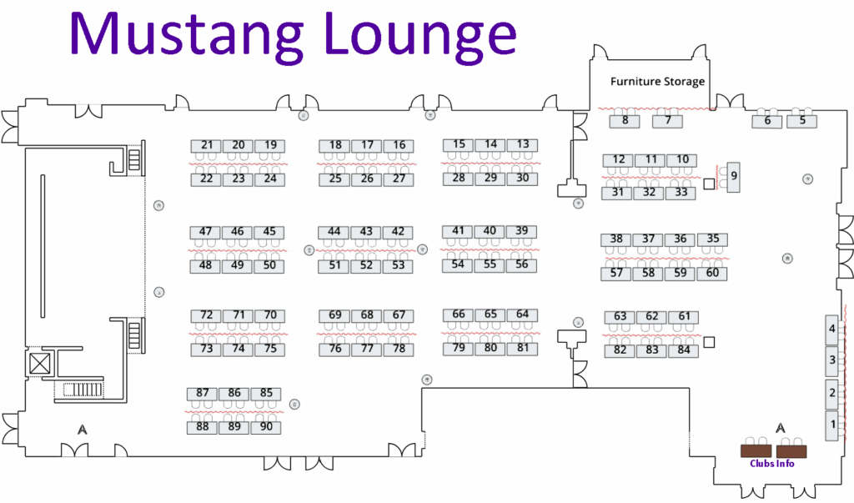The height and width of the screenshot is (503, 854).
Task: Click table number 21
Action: coord(207,145)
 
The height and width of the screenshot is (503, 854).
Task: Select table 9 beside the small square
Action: coord(734,176)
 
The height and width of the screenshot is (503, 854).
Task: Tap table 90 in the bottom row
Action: coord(266,427)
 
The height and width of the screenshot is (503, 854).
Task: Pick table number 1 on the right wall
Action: coord(831,426)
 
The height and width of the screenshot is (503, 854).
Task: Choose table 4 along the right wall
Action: coord(831,329)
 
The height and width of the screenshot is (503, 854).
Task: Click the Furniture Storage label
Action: coord(657,82)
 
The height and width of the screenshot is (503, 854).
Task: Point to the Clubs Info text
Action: coord(771,464)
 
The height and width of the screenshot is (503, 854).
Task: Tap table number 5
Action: coord(802,120)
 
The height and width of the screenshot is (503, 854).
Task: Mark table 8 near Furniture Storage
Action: coord(625,121)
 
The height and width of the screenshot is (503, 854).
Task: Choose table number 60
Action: coord(712,272)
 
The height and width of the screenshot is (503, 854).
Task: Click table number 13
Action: coord(522,144)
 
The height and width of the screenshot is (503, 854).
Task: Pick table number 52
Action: coord(366,265)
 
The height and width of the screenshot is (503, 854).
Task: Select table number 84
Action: coord(684,350)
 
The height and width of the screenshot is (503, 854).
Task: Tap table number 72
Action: coord(207,315)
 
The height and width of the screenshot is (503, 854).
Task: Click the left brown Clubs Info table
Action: coord(756,451)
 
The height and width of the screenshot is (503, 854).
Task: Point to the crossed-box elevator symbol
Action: coord(39,364)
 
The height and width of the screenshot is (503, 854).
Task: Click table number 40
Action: coord(490,231)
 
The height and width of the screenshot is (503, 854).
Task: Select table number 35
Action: coord(712,239)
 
